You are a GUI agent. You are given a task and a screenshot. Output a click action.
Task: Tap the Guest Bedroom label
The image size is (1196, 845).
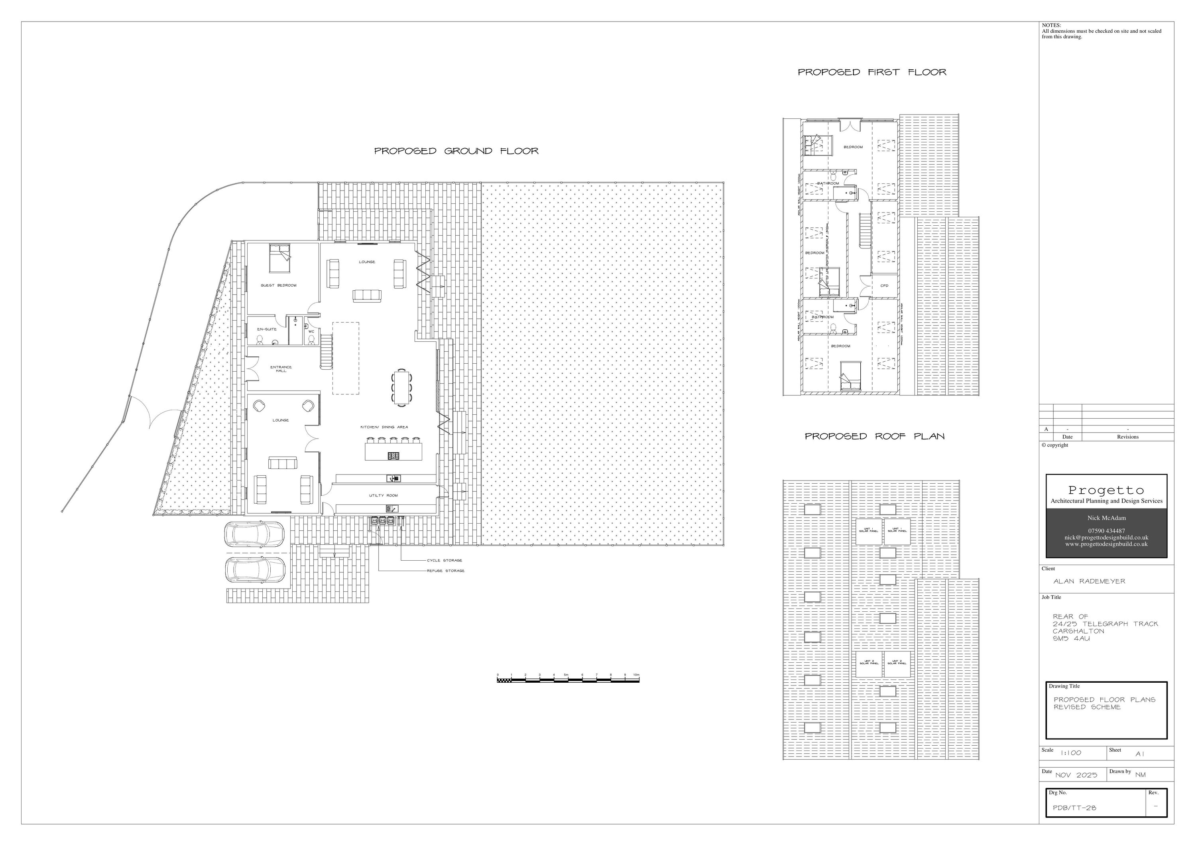coord(278,286)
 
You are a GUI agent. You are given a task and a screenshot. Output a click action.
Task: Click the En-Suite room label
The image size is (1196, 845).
coord(267,329)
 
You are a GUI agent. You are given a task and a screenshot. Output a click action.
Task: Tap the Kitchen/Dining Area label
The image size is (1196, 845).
coord(384,427)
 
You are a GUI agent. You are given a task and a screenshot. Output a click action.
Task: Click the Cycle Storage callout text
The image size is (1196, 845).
coord(445,561)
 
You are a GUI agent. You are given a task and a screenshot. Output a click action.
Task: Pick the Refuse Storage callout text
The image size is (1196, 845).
coord(445,571)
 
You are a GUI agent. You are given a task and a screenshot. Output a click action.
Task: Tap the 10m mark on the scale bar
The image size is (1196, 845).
coord(636,675)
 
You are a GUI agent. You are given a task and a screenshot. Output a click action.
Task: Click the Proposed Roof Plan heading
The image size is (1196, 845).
coord(875,437)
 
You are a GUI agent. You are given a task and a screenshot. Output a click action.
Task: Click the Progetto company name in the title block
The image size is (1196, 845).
coord(1106,490)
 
